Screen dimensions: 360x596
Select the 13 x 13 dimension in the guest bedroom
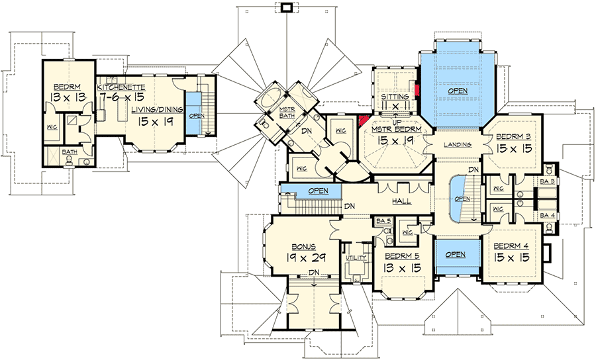[x=68, y=98]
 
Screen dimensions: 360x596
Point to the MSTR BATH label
[x=286, y=114]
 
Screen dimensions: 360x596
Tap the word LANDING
[x=458, y=144]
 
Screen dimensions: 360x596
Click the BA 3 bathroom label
[x=547, y=181]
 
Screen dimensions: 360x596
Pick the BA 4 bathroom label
[x=547, y=215]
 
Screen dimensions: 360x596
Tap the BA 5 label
[x=381, y=221]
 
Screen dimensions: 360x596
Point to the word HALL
[x=401, y=201]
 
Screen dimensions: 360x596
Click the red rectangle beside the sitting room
[x=417, y=91]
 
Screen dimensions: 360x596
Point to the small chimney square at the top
[x=286, y=7]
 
